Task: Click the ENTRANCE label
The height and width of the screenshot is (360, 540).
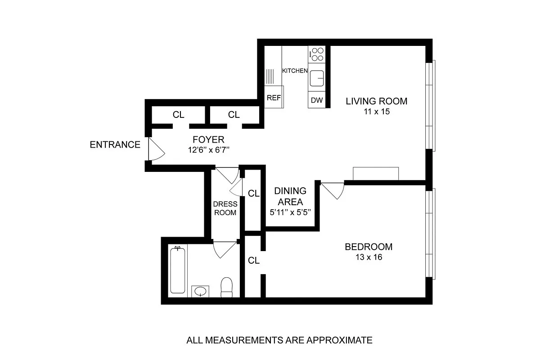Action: click(x=115, y=145)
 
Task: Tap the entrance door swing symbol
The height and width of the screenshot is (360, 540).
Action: click(x=156, y=149)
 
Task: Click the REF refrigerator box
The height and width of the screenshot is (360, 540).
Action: click(x=274, y=98)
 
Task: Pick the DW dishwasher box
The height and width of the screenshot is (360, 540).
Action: click(x=317, y=100)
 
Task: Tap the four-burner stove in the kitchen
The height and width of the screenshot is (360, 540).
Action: click(x=317, y=54)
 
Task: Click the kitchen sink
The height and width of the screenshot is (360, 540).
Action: click(x=317, y=78)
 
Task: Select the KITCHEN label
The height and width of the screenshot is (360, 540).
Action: click(x=295, y=71)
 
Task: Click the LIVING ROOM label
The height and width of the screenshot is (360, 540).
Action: click(x=376, y=101)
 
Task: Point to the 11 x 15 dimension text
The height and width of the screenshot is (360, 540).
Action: click(x=376, y=112)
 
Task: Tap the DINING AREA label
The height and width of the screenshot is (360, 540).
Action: click(x=290, y=196)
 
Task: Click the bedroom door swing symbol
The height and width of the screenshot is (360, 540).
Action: click(x=333, y=189)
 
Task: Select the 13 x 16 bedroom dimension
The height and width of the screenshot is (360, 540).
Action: click(x=368, y=257)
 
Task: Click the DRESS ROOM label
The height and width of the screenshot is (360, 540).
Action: click(x=225, y=208)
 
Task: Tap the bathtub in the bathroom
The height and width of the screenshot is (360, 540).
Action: click(x=178, y=270)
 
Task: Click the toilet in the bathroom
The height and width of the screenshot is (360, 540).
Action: click(x=227, y=288)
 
